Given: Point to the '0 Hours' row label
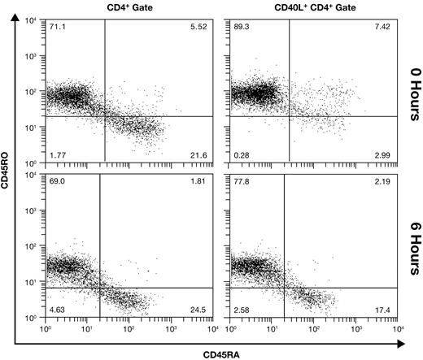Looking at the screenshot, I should [x=413, y=87].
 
